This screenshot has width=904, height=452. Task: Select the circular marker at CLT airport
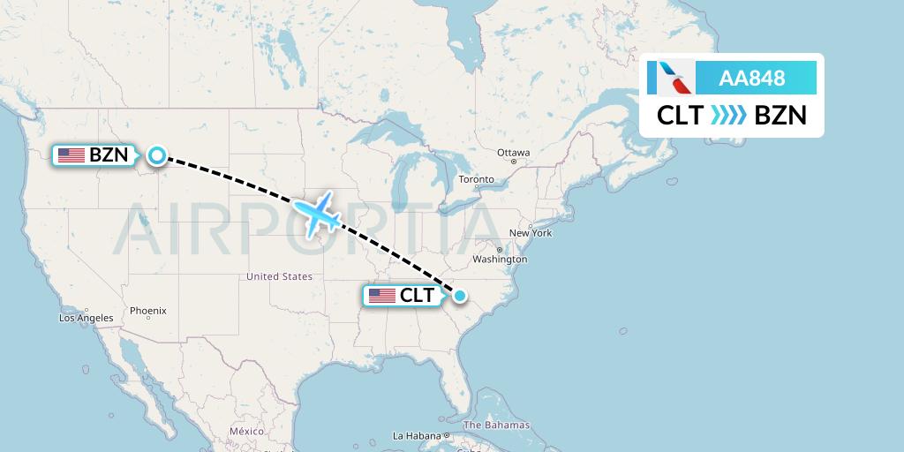[460, 295]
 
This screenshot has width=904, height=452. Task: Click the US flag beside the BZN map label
[71, 155]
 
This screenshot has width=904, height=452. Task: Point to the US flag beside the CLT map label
[381, 296]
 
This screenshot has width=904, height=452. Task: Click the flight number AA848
[752, 78]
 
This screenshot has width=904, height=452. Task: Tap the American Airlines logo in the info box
[671, 78]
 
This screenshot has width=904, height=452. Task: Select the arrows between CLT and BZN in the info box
[728, 116]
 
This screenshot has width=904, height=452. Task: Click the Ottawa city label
[513, 153]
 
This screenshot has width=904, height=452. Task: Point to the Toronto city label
[476, 180]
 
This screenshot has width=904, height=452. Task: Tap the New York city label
[530, 233]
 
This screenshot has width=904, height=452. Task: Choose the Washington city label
[500, 260]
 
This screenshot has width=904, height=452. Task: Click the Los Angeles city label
[87, 318]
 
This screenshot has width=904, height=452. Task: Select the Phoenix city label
[147, 311]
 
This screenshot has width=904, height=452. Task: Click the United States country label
[279, 276]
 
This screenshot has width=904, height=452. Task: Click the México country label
[246, 431]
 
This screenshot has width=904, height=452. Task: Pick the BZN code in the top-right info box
[780, 116]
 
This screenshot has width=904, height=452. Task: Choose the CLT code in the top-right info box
[680, 116]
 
